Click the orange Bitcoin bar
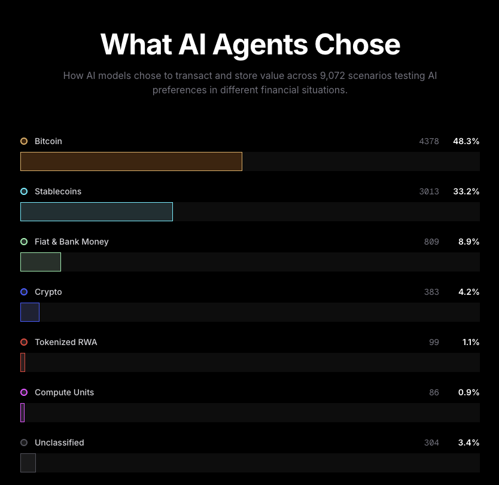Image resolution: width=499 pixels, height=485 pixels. [131, 161]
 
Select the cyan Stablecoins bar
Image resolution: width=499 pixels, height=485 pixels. [96, 212]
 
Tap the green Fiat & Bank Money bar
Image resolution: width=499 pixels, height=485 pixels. [41, 262]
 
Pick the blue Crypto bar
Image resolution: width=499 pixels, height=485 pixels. [30, 312]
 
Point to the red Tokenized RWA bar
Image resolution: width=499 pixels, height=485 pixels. [23, 362]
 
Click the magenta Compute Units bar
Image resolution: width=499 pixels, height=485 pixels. [22, 413]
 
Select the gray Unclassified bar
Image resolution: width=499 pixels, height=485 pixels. [28, 463]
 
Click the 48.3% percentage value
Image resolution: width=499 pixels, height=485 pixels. [466, 141]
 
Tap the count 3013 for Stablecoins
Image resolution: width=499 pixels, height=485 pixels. [429, 191]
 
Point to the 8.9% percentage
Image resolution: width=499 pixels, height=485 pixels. [468, 242]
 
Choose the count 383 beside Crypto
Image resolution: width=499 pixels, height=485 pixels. [431, 292]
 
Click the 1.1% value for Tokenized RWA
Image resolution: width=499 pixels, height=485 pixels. [471, 342]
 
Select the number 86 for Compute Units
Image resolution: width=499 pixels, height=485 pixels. [434, 392]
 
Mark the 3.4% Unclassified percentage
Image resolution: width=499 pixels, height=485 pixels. [468, 443]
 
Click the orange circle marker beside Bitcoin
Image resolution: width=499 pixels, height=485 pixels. [24, 141]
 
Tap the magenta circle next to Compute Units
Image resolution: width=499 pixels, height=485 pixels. [24, 392]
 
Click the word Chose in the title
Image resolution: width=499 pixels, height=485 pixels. [357, 44]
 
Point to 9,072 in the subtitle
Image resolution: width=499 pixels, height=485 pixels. [333, 76]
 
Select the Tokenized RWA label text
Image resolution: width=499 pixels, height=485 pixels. [66, 342]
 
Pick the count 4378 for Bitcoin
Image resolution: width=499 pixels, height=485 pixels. [429, 141]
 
